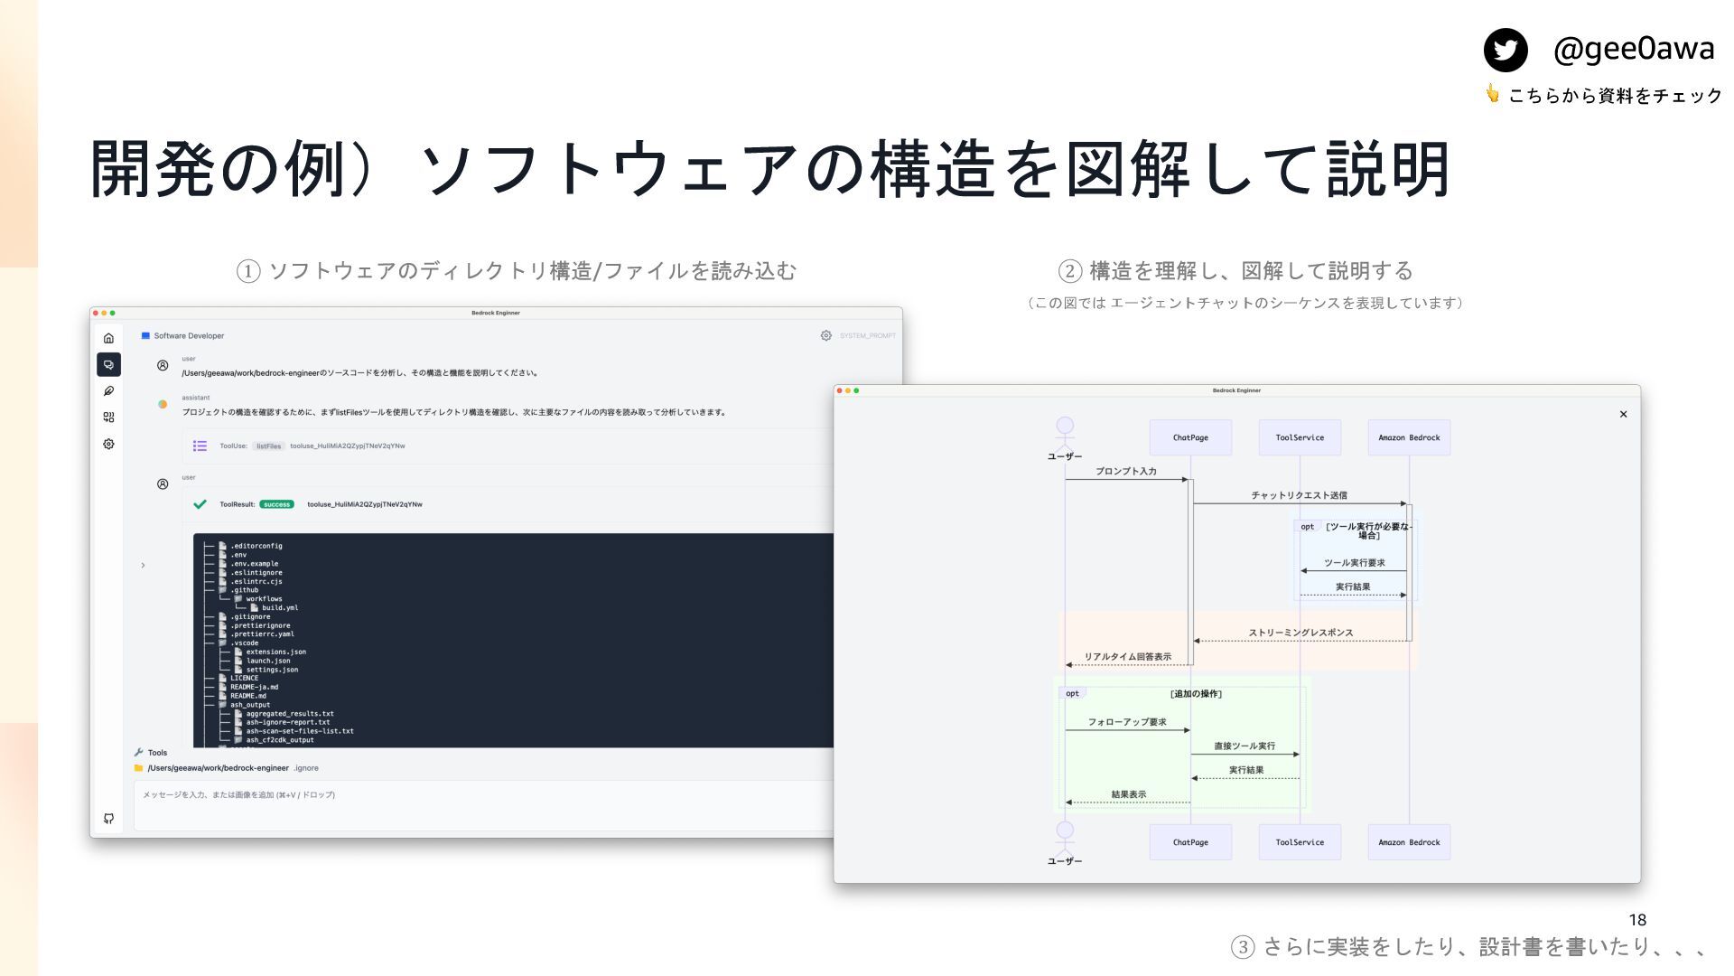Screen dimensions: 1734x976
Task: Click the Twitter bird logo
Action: tap(1506, 50)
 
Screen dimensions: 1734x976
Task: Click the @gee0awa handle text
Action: tap(1633, 49)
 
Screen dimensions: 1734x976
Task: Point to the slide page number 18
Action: tap(1637, 920)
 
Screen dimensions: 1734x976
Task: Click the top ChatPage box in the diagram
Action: tap(1190, 437)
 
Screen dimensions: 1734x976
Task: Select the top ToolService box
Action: tap(1300, 437)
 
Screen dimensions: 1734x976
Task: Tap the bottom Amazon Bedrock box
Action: tap(1409, 842)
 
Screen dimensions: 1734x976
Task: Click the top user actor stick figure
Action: tap(1065, 432)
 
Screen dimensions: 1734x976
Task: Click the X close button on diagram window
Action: tap(1623, 415)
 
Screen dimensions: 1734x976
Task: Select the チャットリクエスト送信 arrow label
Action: tap(1299, 495)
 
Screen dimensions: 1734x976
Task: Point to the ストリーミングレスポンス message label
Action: tap(1300, 633)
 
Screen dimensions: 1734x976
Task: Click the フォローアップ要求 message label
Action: tap(1127, 722)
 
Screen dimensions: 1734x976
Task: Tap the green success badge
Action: tap(276, 504)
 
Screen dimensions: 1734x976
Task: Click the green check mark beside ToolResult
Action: tap(200, 504)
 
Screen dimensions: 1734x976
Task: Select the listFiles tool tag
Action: tap(268, 446)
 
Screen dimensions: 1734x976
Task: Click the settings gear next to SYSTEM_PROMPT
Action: tap(825, 335)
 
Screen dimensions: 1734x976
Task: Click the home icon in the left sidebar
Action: tap(108, 338)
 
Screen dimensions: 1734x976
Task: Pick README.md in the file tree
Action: tap(248, 696)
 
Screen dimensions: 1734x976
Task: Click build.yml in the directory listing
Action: tap(280, 608)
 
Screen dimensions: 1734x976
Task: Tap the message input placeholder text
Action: tap(238, 795)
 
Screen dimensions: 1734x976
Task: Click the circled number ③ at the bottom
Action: tap(1243, 947)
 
